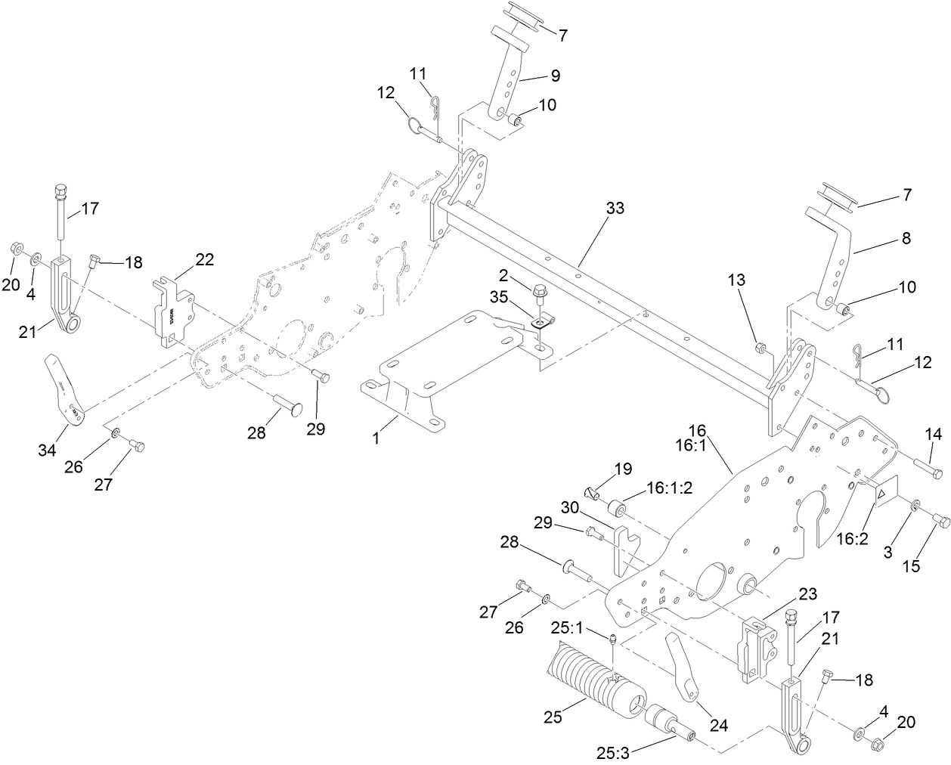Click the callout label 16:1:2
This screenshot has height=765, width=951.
point(669,489)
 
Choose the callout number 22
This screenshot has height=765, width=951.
point(205,260)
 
